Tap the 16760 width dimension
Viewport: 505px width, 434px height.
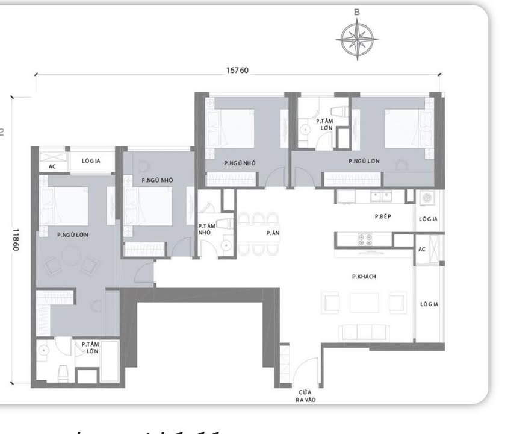click(x=237, y=70)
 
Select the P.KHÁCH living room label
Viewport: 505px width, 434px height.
click(x=364, y=277)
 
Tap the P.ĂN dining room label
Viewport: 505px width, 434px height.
click(x=271, y=232)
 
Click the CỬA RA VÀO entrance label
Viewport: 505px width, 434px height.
click(x=303, y=395)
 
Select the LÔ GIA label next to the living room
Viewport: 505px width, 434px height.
click(x=429, y=304)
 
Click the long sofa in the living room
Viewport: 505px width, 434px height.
click(x=364, y=332)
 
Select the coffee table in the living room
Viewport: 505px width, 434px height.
click(x=364, y=303)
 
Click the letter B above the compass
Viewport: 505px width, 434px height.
click(x=357, y=12)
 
